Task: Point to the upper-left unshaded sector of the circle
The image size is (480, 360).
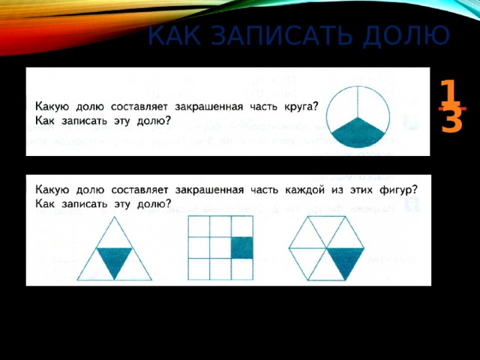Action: (345, 103)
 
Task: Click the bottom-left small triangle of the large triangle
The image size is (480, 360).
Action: (96, 270)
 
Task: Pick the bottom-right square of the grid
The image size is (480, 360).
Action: (241, 268)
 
